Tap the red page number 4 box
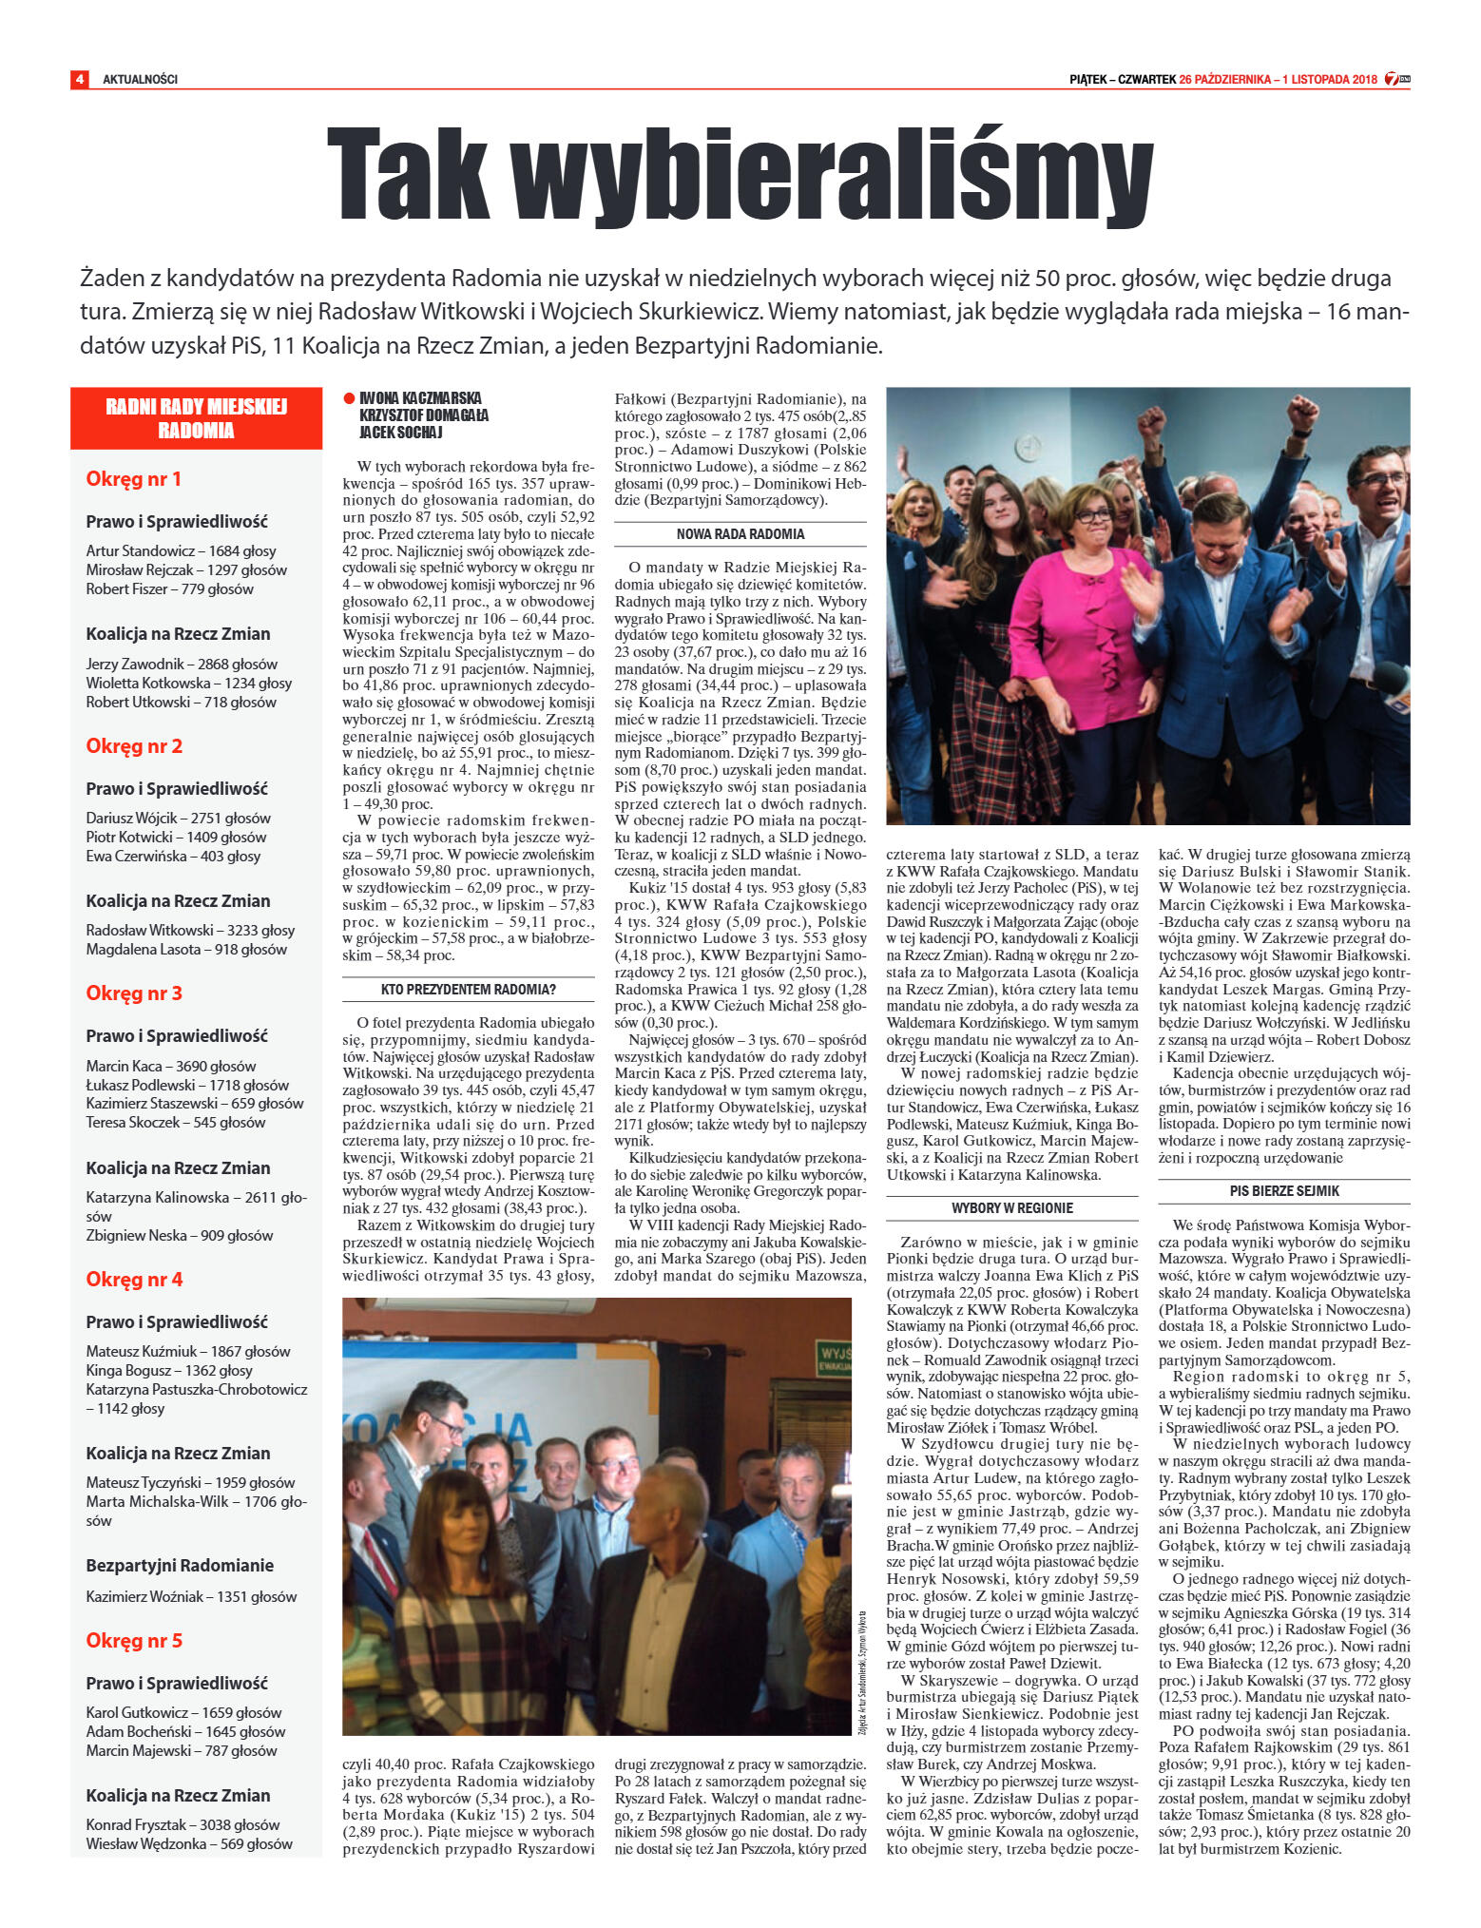click(80, 79)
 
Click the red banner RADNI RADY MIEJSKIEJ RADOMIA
click(196, 418)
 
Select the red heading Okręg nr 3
click(134, 993)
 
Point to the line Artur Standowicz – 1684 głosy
click(181, 550)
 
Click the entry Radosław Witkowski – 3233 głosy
click(190, 930)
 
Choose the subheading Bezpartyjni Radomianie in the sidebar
click(180, 1565)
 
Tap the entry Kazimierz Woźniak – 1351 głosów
click(191, 1596)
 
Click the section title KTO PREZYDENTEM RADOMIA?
click(468, 990)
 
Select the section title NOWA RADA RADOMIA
click(740, 534)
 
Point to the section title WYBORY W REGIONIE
click(1011, 1207)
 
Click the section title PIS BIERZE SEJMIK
click(1283, 1190)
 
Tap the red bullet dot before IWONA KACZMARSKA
click(349, 398)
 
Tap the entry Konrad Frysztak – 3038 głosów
click(183, 1824)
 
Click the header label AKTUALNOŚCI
click(140, 79)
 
